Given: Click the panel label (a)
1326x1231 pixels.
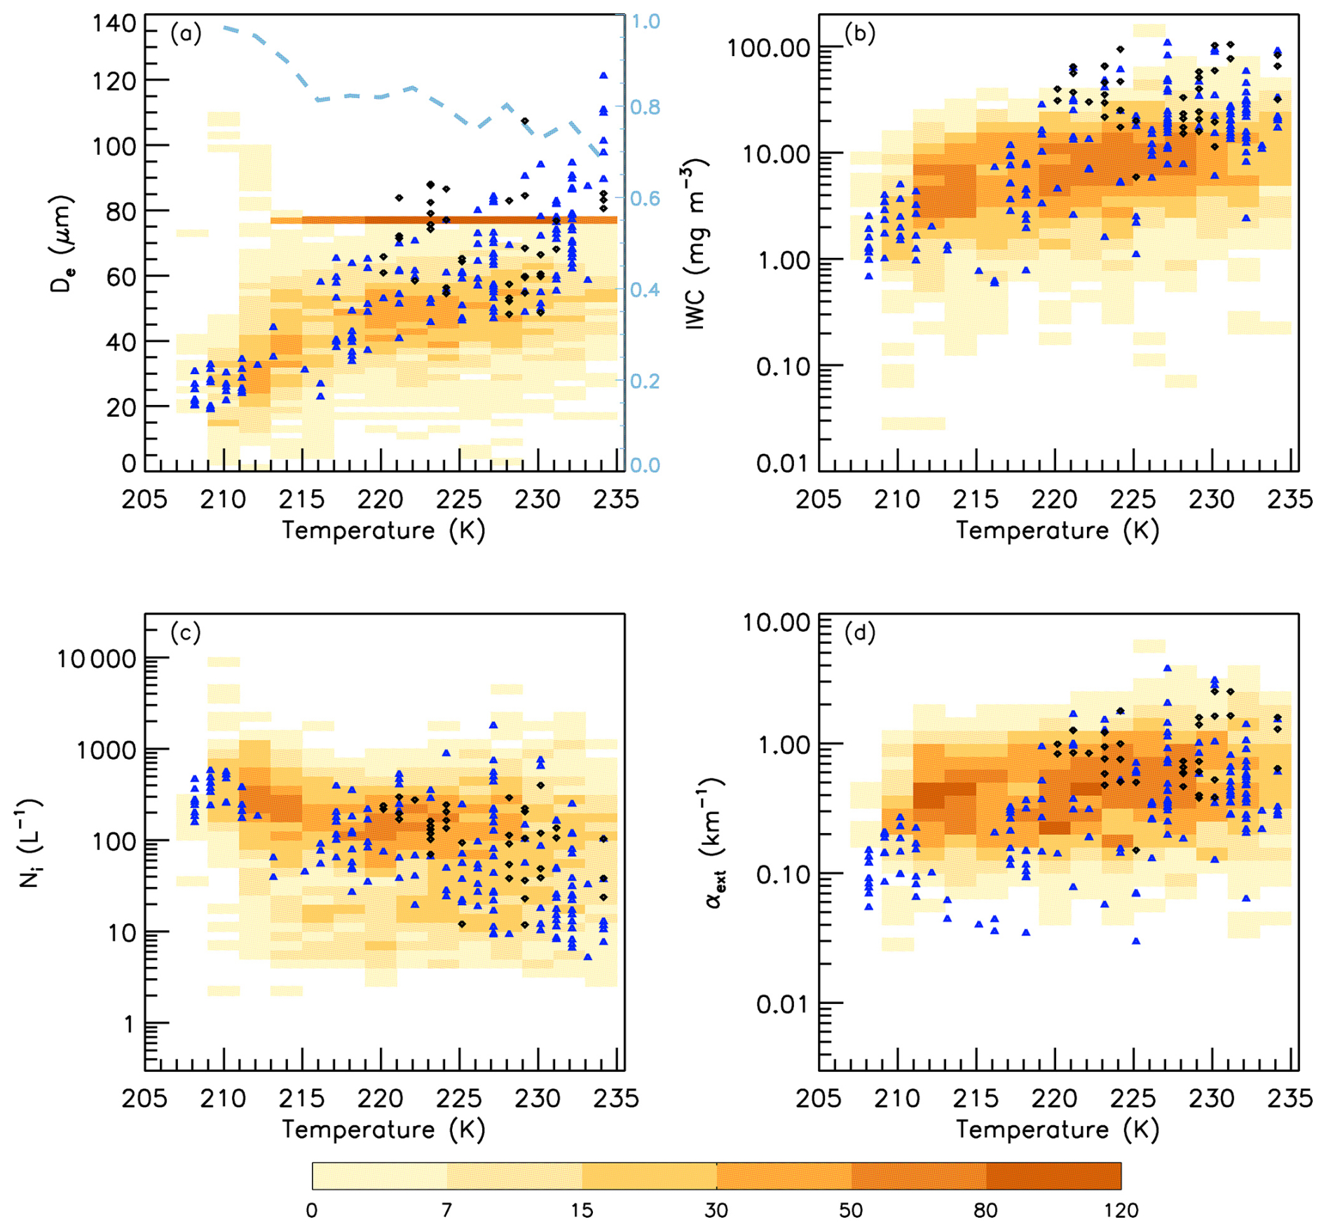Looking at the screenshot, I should click(185, 34).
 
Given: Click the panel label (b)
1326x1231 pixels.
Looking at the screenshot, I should click(859, 34).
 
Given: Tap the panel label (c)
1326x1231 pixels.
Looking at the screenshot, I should click(185, 633).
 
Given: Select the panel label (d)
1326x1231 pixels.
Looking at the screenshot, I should click(859, 633).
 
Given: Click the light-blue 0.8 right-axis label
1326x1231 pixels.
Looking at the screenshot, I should click(645, 107).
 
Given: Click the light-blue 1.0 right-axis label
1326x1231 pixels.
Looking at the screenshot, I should click(645, 22).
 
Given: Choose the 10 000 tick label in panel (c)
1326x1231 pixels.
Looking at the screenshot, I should click(97, 659).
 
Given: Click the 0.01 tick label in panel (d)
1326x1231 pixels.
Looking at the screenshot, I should click(783, 1005).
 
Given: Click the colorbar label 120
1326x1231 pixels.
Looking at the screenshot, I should click(1121, 1210).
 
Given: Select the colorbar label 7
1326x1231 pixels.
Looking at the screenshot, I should click(446, 1210).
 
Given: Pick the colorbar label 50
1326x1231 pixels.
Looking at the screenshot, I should click(851, 1210).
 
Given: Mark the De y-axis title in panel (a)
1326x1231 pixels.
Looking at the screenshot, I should click(62, 245).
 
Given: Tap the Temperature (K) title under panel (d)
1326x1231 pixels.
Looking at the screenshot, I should click(1057, 1129).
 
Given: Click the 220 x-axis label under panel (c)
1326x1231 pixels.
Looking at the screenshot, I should click(381, 1098).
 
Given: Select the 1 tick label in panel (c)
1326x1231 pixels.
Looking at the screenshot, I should click(128, 1025).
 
